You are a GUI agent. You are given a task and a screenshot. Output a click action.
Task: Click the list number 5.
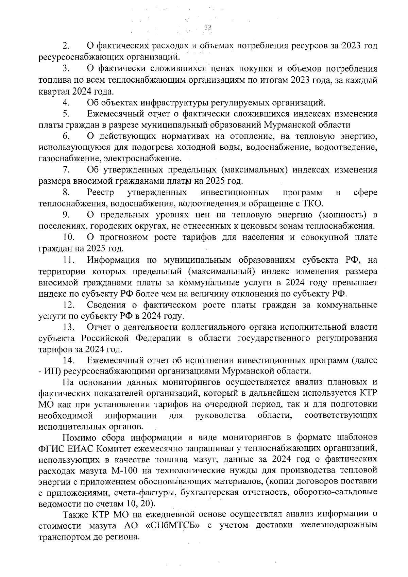point(66,114)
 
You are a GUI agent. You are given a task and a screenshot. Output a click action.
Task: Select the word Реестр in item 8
point(100,193)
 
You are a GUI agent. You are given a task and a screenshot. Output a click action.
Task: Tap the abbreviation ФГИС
point(50,448)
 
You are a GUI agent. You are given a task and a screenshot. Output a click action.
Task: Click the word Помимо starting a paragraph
point(77,437)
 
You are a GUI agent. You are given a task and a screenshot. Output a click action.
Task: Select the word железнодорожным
point(339,526)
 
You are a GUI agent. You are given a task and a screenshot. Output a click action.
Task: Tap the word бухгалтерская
point(208,492)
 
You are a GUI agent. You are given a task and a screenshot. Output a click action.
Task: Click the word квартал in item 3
point(53,92)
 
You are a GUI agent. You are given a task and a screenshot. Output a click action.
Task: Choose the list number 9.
point(66,215)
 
